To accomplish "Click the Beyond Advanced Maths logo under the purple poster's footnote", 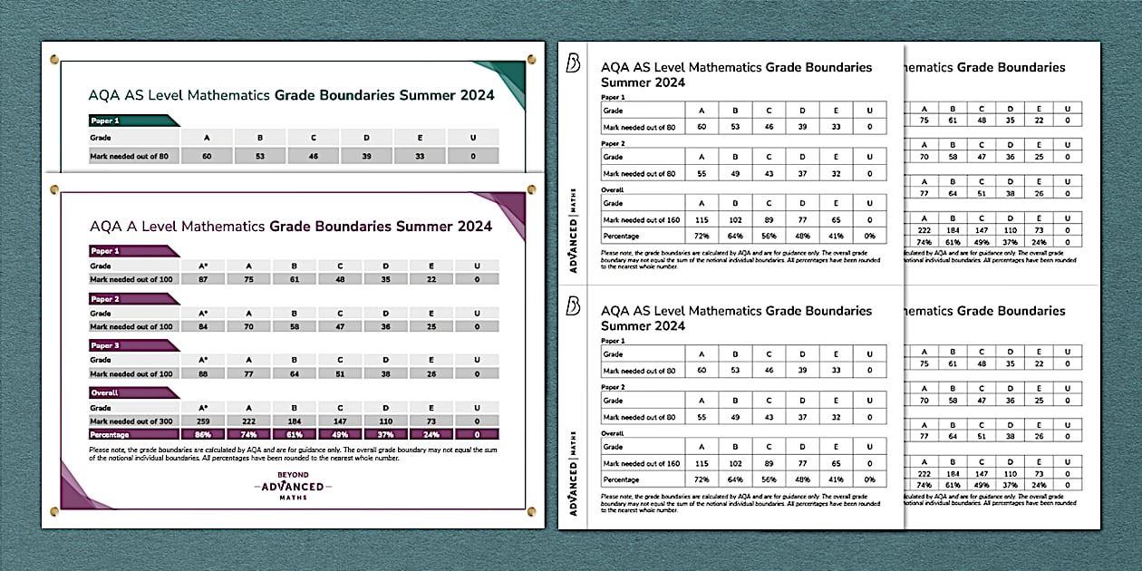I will coord(293,487).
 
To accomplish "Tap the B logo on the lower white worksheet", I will coord(573,306).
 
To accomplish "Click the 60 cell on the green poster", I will coord(208,156).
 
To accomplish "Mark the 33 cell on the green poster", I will coord(421,156).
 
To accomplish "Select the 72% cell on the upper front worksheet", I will coord(701,236).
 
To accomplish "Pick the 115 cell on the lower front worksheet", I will coord(701,464).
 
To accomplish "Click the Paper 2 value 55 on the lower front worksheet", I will coord(701,417).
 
